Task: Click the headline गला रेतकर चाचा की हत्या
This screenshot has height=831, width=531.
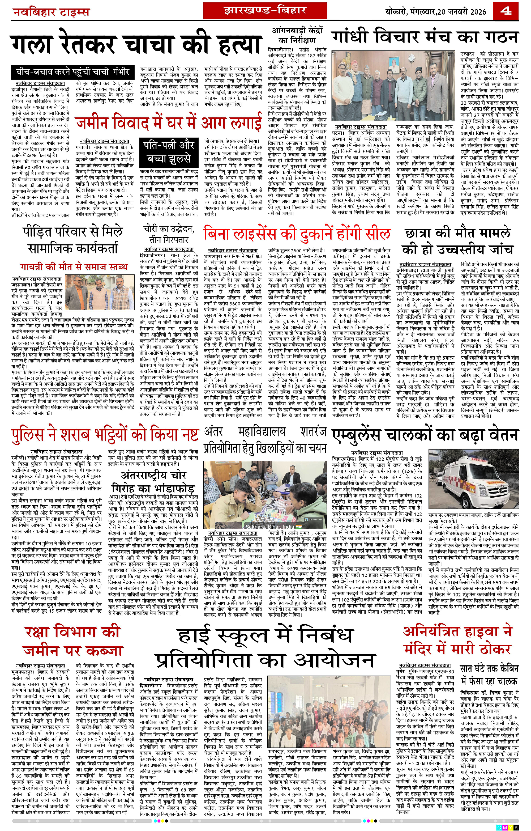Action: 135,45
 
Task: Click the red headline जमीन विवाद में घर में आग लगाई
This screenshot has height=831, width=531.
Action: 169,123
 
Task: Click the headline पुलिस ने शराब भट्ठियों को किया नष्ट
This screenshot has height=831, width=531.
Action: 105,436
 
